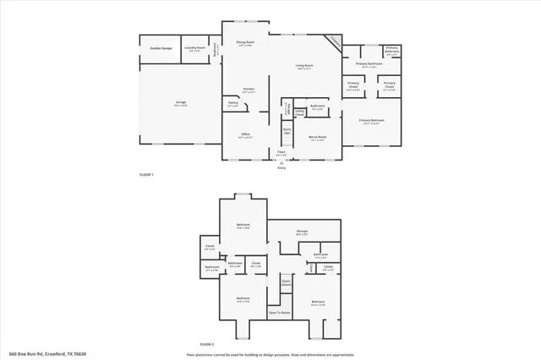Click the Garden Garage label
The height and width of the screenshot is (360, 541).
tap(161, 49)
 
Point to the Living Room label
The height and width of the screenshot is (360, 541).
tap(303, 66)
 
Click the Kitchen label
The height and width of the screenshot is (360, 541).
tap(249, 90)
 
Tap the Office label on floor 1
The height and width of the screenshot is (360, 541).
tap(244, 134)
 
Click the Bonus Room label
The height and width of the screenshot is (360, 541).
tap(318, 135)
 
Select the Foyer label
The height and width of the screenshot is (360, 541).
tap(281, 153)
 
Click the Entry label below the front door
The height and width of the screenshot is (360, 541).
tap(282, 168)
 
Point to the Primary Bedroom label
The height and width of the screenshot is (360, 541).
tap(371, 121)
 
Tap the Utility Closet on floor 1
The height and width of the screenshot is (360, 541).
tap(300, 111)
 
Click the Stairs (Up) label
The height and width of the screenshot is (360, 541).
tap(287, 131)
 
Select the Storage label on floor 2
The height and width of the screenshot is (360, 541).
tap(302, 231)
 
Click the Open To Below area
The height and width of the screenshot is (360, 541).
tap(280, 313)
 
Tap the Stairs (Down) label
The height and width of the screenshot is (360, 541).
tap(286, 284)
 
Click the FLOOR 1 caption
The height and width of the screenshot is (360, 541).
tap(146, 175)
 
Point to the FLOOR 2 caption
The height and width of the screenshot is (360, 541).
tap(207, 345)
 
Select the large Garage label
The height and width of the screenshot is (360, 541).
tap(181, 102)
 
